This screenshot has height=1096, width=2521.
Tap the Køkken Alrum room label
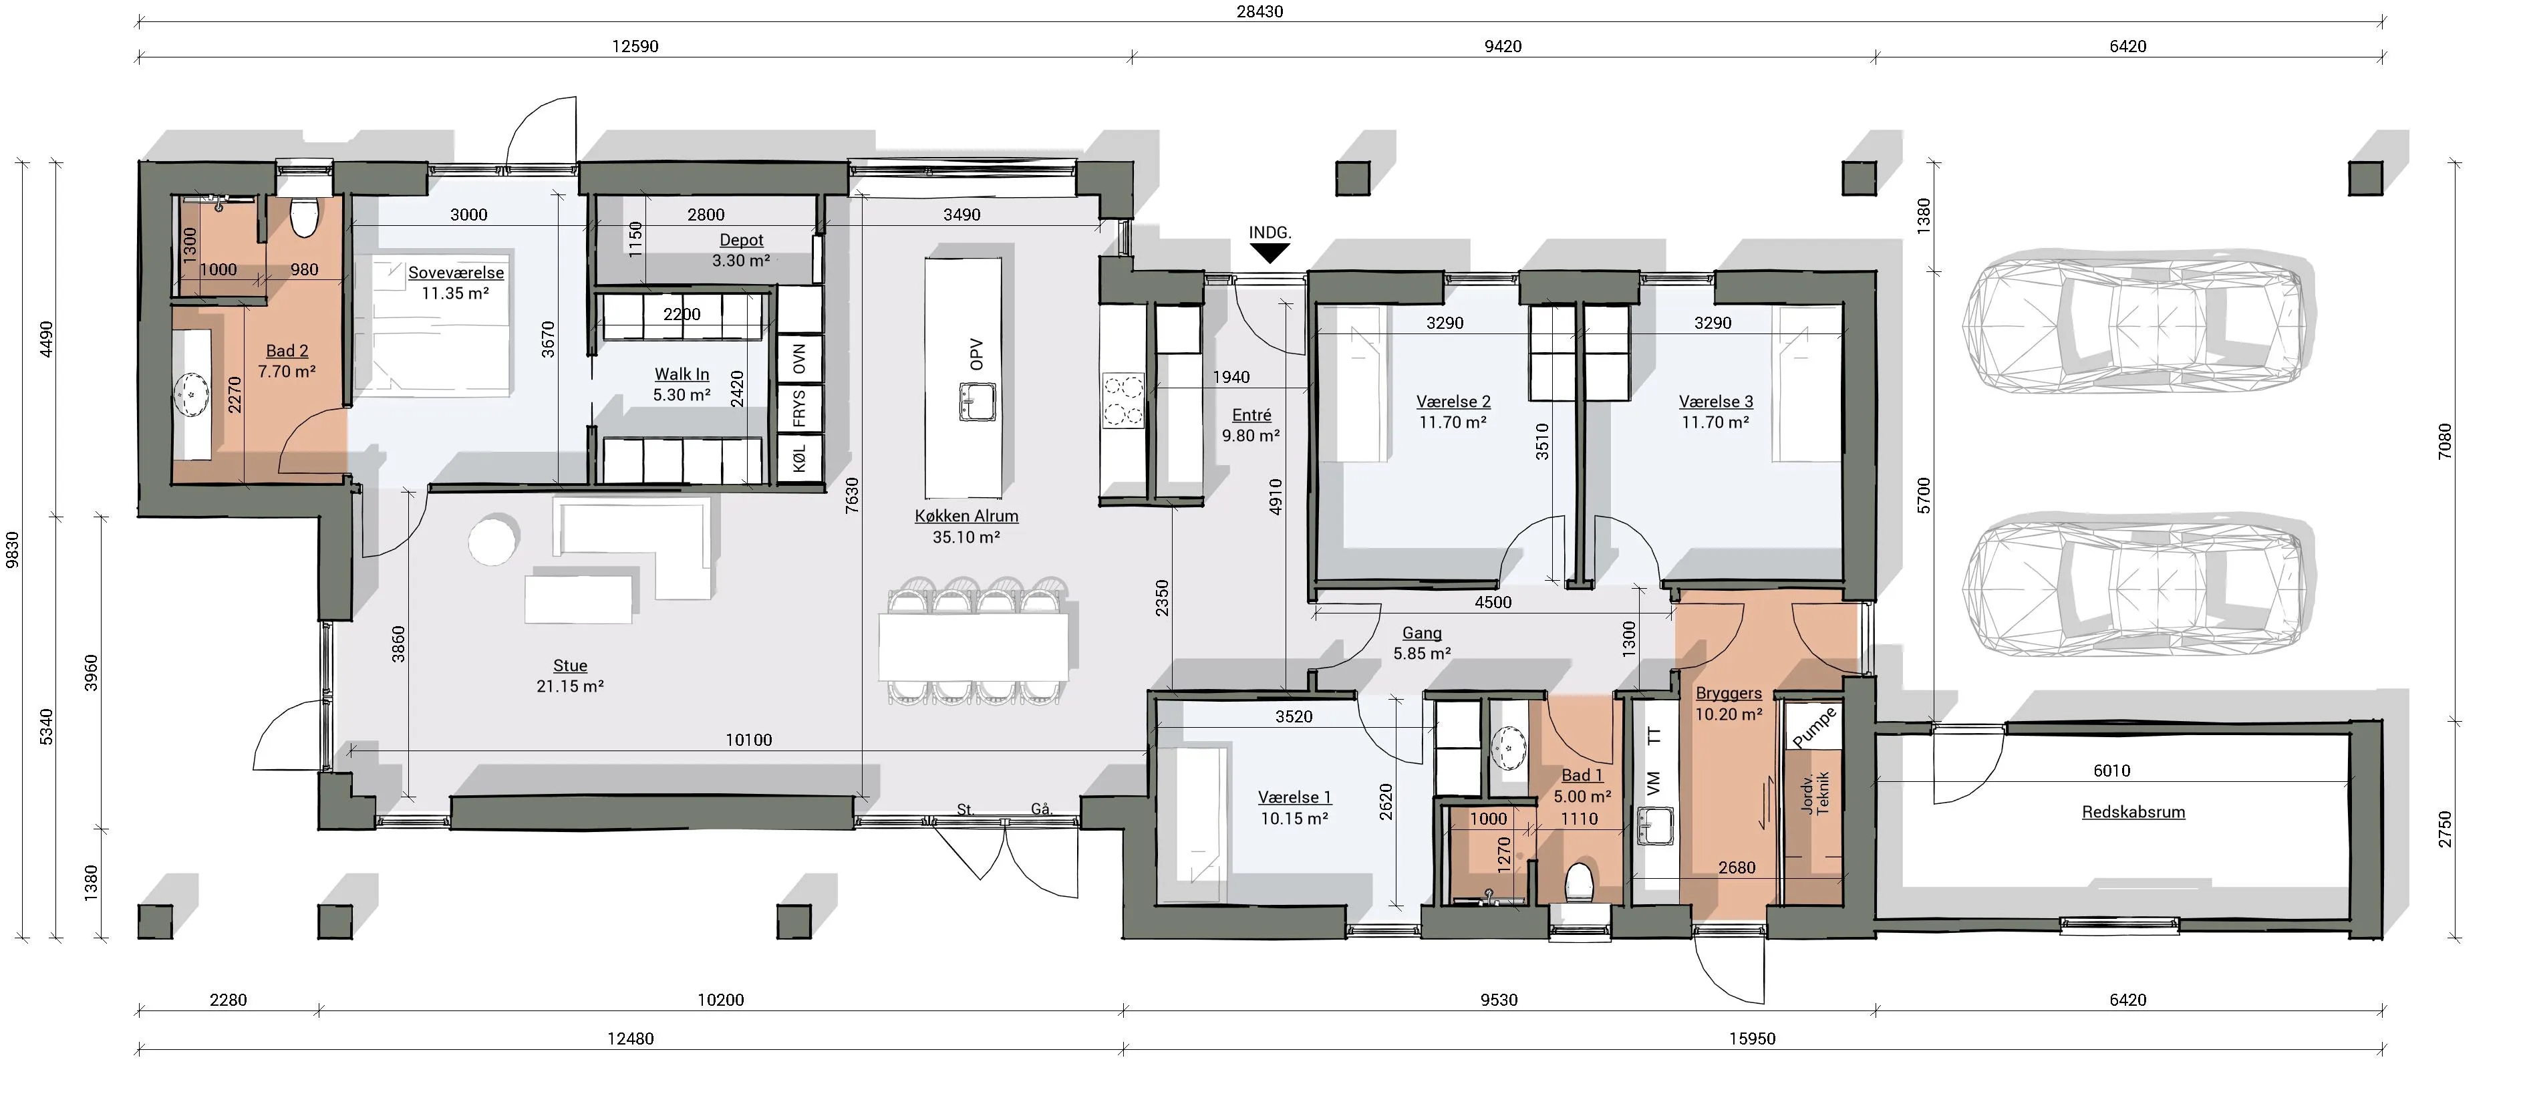pos(966,516)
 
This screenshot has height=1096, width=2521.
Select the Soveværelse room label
pos(456,273)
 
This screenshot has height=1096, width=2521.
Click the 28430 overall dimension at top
pos(1259,12)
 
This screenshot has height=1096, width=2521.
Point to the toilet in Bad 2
pos(303,217)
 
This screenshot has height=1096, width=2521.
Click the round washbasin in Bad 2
pos(192,394)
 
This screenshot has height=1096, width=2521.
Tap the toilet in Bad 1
pos(1580,883)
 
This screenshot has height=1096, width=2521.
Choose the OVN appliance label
pos(800,359)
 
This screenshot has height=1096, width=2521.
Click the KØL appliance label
pos(800,458)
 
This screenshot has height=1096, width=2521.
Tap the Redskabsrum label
pos(2133,812)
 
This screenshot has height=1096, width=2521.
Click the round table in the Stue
pos(492,541)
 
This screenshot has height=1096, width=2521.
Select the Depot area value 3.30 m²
pos(741,261)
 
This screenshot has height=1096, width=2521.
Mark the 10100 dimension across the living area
pos(748,740)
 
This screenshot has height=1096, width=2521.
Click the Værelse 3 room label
pos(1716,401)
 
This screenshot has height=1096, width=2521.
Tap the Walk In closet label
pos(682,374)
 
